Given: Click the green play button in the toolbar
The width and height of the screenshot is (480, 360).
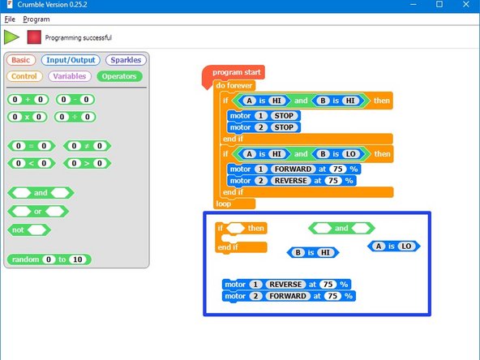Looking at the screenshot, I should tap(11, 36).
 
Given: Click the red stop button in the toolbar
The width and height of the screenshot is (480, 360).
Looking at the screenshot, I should tap(33, 36).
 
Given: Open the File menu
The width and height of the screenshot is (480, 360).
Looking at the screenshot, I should tap(10, 19).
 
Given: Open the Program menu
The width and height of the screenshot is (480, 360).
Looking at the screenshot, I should tap(36, 19).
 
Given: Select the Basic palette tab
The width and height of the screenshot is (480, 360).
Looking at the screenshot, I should tap(21, 60).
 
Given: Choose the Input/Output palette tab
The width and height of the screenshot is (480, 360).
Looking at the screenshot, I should tap(71, 60).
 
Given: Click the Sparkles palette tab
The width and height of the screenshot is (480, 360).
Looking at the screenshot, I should tap(126, 60).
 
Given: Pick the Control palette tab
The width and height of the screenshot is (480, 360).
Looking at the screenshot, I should tap(25, 76).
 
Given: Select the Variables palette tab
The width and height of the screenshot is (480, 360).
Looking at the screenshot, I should tap(70, 76).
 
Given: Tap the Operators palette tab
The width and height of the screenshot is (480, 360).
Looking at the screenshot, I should tap(119, 76).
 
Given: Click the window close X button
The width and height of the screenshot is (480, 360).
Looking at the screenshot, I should tap(465, 5).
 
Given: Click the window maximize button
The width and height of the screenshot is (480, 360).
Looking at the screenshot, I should tap(439, 5).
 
